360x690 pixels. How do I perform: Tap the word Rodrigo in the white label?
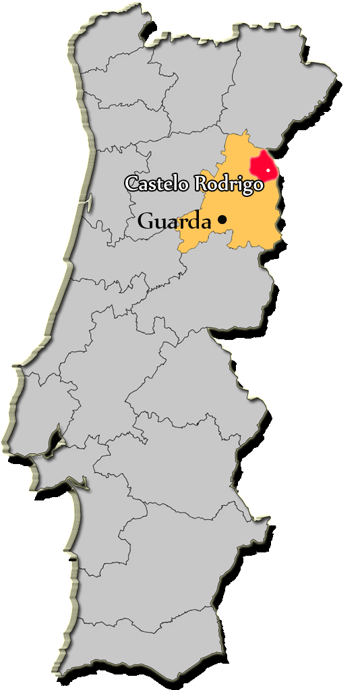(x=229, y=183)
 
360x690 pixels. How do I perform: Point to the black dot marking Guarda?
(x=222, y=219)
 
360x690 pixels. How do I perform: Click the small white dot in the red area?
(x=268, y=171)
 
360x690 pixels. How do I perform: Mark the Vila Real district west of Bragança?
(x=202, y=94)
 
